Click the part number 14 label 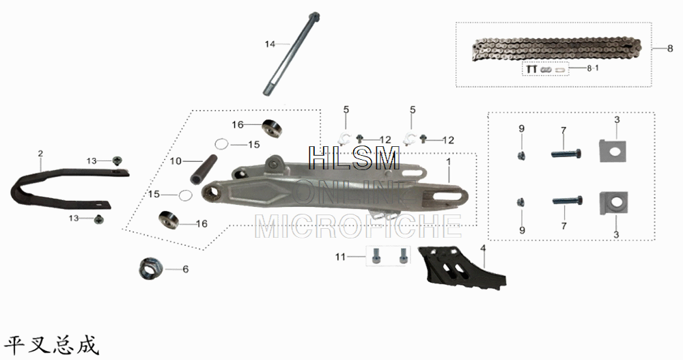pyautogui.click(x=270, y=44)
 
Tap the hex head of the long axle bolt pyautogui.click(x=313, y=16)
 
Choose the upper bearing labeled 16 pyautogui.click(x=273, y=128)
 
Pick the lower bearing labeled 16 pyautogui.click(x=169, y=220)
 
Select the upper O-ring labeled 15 pyautogui.click(x=221, y=144)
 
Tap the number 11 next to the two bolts pyautogui.click(x=340, y=257)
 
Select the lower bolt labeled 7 pyautogui.click(x=566, y=202)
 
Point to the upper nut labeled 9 pyautogui.click(x=521, y=156)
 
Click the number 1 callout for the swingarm pyautogui.click(x=449, y=163)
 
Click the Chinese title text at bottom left pyautogui.click(x=52, y=344)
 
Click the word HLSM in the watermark pyautogui.click(x=354, y=158)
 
